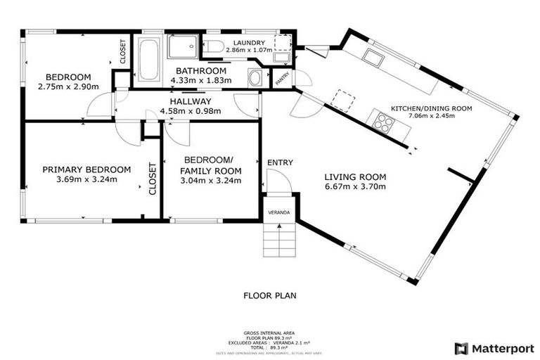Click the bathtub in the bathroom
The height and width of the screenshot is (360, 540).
click(148, 60)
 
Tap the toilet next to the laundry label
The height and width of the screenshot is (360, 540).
click(215, 48)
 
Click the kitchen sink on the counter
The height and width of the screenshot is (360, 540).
click(373, 57)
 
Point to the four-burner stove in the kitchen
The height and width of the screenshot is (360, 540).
click(383, 123)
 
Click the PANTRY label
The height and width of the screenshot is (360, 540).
click(281, 79)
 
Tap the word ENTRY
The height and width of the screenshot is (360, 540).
click(280, 163)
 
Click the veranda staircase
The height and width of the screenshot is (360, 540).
click(279, 240)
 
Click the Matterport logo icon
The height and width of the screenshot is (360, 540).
click(461, 347)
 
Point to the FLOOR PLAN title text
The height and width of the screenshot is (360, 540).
click(270, 296)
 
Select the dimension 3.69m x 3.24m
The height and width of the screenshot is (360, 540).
click(87, 179)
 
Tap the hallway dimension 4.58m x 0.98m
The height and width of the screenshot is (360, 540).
click(191, 110)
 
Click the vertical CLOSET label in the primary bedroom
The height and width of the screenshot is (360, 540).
click(151, 179)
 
